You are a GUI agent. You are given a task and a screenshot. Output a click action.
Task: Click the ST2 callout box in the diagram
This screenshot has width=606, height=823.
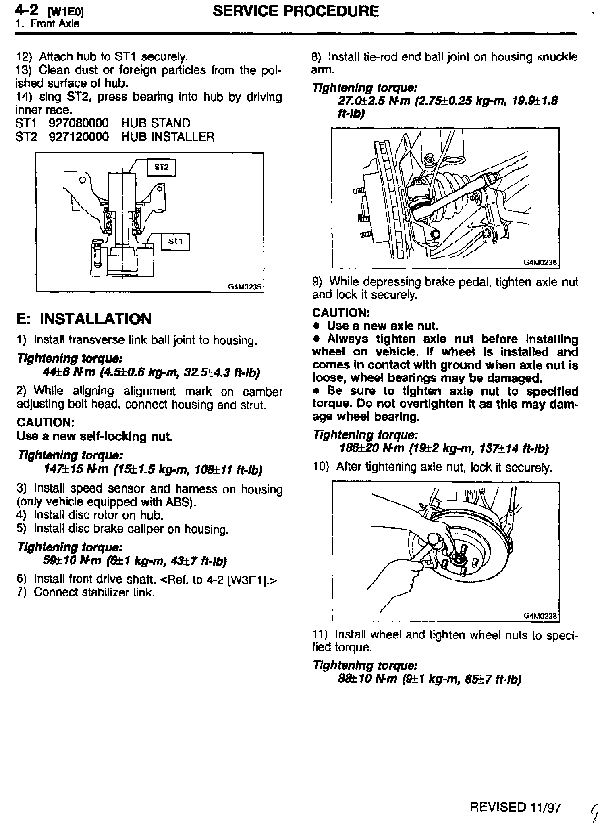(162, 167)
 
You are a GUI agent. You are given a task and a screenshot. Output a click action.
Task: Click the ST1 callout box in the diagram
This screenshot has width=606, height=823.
(175, 242)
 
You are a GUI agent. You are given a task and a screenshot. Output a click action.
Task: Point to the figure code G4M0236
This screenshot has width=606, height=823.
(540, 263)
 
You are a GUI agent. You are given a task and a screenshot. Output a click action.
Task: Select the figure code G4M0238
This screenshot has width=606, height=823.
(540, 616)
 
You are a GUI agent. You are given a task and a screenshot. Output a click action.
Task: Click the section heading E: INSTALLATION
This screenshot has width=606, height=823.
(84, 319)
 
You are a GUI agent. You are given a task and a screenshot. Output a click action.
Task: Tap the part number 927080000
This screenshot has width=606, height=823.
(79, 123)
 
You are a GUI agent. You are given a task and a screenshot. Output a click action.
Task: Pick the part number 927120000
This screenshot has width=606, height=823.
(79, 137)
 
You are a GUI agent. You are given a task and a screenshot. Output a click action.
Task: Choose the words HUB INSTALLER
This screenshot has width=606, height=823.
(168, 137)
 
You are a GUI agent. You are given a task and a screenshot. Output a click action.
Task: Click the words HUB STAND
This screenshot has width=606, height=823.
(155, 123)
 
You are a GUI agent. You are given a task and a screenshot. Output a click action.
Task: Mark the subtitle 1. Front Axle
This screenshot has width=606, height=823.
(47, 24)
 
